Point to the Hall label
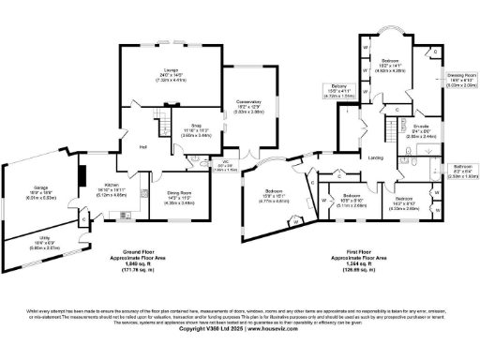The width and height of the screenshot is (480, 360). click(143, 147)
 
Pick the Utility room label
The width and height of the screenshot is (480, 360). click(41, 243)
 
